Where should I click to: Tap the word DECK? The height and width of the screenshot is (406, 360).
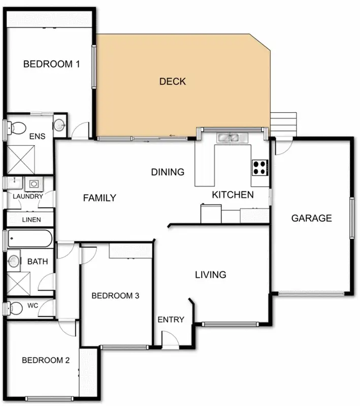pos(173,81)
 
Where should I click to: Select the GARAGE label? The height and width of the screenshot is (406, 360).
pos(311,218)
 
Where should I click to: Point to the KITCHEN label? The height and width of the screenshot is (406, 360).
pos(233,195)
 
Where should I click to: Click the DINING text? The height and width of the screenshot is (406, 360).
pos(168,172)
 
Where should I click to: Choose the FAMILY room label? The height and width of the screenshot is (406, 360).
pos(100,198)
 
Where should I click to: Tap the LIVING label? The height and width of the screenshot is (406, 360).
pos(211,275)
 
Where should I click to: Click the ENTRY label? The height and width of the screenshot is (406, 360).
pos(171,319)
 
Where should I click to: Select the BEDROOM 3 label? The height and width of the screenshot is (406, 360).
pos(115,296)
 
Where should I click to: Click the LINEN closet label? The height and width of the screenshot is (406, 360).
pos(31,220)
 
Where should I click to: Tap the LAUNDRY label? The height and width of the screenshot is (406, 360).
pos(27,196)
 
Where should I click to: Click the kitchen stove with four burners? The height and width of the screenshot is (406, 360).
pos(260,167)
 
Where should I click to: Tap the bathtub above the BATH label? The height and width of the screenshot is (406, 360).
pos(29,239)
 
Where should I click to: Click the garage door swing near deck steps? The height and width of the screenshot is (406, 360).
pos(283,148)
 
